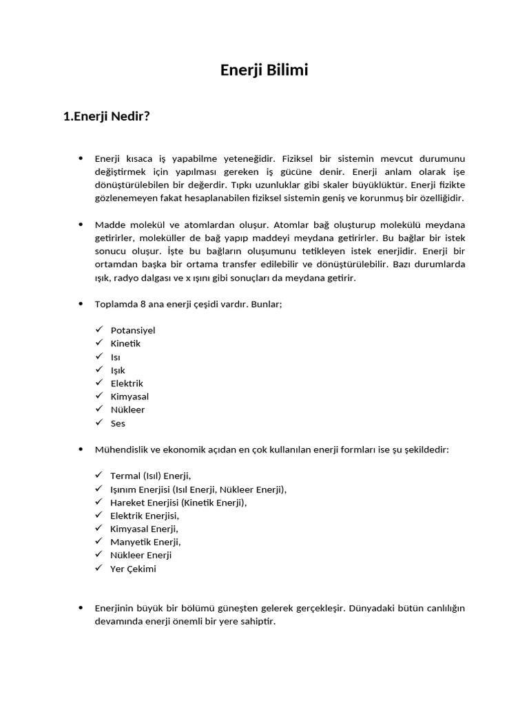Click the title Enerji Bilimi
click(264, 70)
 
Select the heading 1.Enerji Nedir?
click(106, 116)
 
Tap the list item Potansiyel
click(133, 330)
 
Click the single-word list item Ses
click(118, 423)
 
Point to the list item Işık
click(118, 370)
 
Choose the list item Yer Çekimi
click(133, 569)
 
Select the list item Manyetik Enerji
click(145, 542)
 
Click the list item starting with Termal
click(151, 476)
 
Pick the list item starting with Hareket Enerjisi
click(178, 503)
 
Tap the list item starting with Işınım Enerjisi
click(198, 490)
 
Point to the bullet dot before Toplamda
click(81, 304)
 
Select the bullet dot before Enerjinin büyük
click(81, 608)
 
